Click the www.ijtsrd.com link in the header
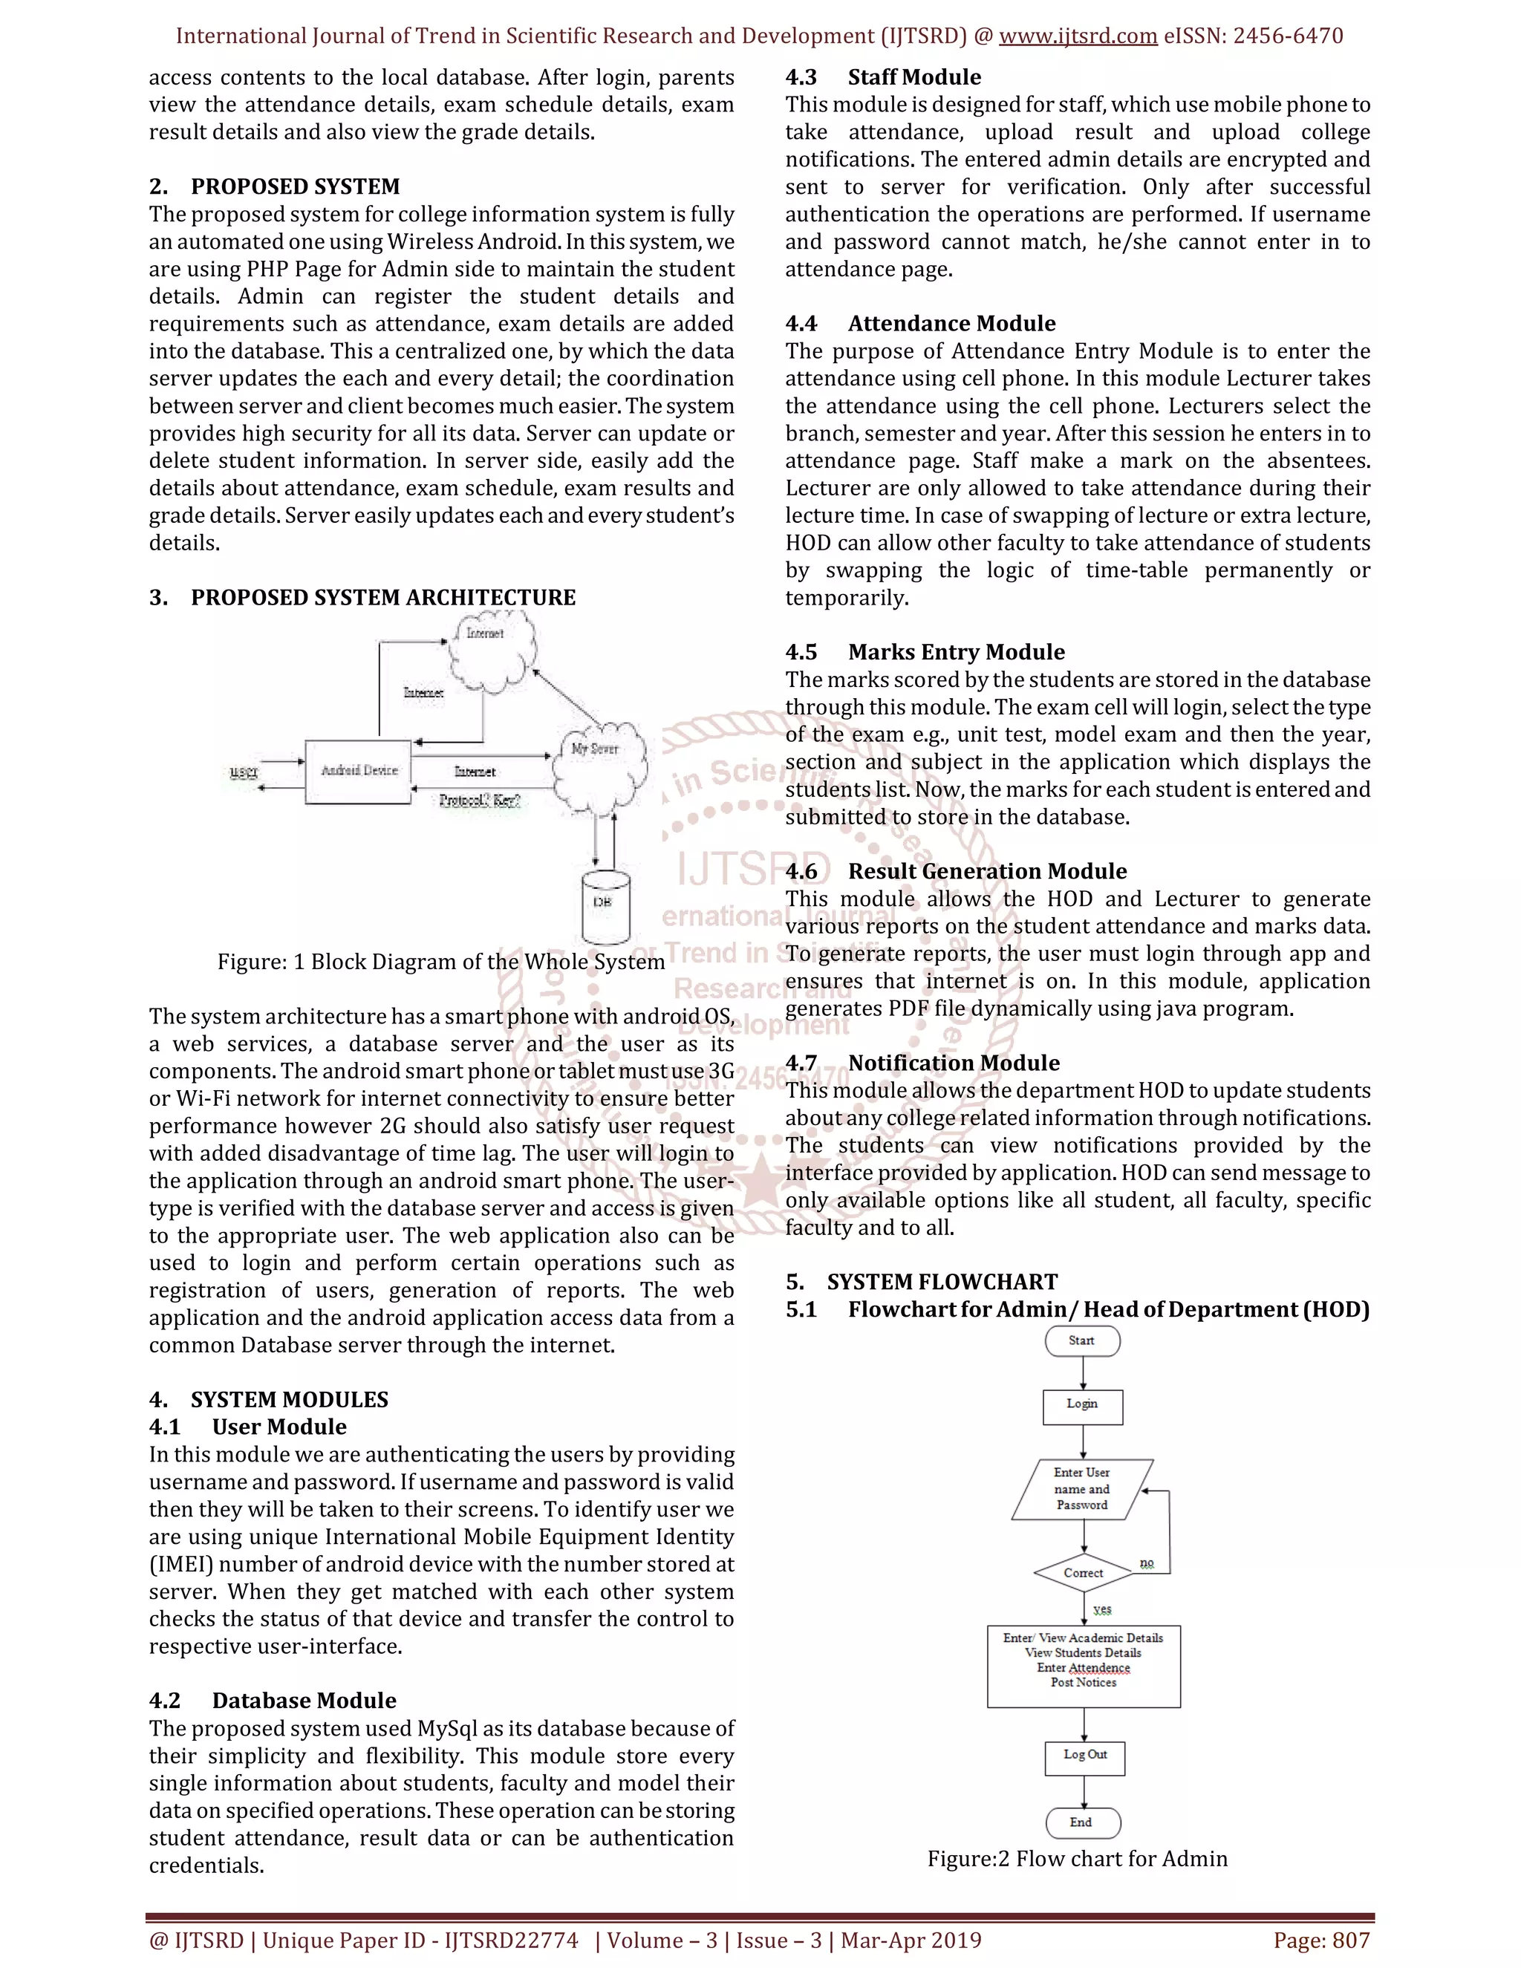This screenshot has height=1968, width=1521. click(x=1078, y=36)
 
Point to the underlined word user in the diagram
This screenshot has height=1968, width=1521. click(x=244, y=772)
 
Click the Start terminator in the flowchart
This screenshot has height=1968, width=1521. click(x=1082, y=1340)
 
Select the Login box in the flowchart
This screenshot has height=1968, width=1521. click(x=1082, y=1405)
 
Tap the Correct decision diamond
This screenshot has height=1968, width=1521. click(x=1083, y=1572)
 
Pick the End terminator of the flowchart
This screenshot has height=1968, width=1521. click(x=1082, y=1823)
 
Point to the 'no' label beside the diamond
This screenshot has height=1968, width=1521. click(x=1146, y=1563)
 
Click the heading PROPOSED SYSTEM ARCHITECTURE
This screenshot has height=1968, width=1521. click(x=383, y=597)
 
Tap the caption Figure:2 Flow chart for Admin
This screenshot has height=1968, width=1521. click(x=1077, y=1859)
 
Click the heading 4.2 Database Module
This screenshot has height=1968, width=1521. click(x=273, y=1701)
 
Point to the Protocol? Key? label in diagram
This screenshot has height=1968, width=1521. click(x=479, y=800)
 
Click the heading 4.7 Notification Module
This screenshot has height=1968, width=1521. click(x=922, y=1063)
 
